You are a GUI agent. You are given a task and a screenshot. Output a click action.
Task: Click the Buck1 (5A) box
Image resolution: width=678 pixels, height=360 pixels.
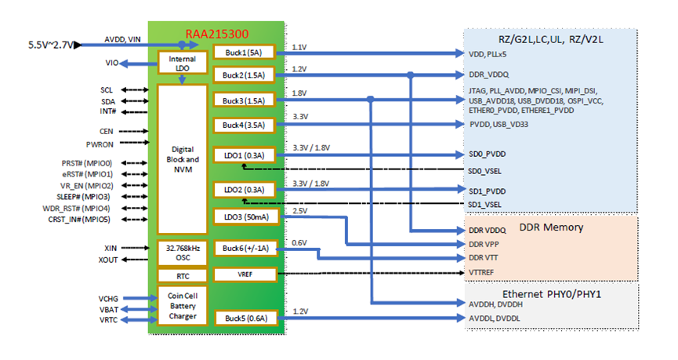(243, 53)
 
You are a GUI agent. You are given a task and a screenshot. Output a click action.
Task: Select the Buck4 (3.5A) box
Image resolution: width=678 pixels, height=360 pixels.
(243, 125)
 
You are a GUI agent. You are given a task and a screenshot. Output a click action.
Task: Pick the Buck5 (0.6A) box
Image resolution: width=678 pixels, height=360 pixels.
(243, 318)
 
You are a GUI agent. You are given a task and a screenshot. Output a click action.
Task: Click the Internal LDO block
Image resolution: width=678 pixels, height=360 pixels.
(182, 63)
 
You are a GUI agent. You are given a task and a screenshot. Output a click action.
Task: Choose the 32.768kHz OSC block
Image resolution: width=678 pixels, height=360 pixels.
(182, 253)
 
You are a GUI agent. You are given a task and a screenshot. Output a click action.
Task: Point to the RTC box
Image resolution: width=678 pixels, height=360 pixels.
(182, 276)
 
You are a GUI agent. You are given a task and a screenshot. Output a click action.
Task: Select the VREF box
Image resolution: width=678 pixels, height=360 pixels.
(243, 275)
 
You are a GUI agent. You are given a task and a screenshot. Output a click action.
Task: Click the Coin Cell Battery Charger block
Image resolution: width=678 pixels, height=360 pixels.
(182, 306)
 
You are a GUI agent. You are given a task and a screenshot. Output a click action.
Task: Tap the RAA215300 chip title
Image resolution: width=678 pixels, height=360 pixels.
(216, 35)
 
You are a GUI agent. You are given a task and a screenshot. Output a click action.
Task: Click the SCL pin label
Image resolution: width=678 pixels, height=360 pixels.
(108, 90)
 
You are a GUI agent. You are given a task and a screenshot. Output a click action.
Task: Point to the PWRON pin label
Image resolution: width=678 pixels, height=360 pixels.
(100, 144)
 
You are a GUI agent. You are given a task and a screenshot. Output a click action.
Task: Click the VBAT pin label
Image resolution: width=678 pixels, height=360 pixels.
(108, 310)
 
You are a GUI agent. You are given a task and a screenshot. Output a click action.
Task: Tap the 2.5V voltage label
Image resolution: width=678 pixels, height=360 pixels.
(299, 211)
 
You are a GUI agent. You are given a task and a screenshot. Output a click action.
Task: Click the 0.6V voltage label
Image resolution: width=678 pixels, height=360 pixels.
(299, 242)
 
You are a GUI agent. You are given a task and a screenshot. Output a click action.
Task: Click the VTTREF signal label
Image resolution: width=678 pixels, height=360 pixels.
(484, 271)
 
